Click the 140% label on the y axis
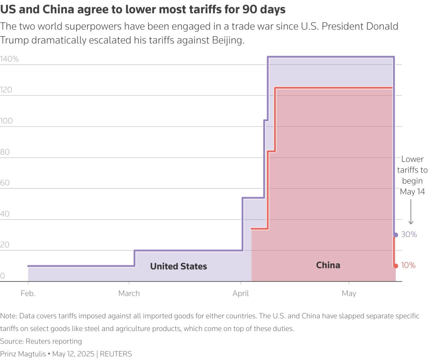(x=10, y=59)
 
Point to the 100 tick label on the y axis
(x=6, y=121)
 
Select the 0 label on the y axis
(x=3, y=276)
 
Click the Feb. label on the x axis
(x=28, y=294)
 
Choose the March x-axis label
(x=129, y=294)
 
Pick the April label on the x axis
(x=241, y=294)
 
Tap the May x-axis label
(x=349, y=294)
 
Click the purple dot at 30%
(x=395, y=235)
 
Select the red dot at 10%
(x=395, y=266)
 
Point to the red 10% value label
(x=408, y=266)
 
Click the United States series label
(x=178, y=266)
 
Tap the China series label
(x=328, y=265)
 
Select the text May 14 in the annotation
(x=412, y=192)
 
